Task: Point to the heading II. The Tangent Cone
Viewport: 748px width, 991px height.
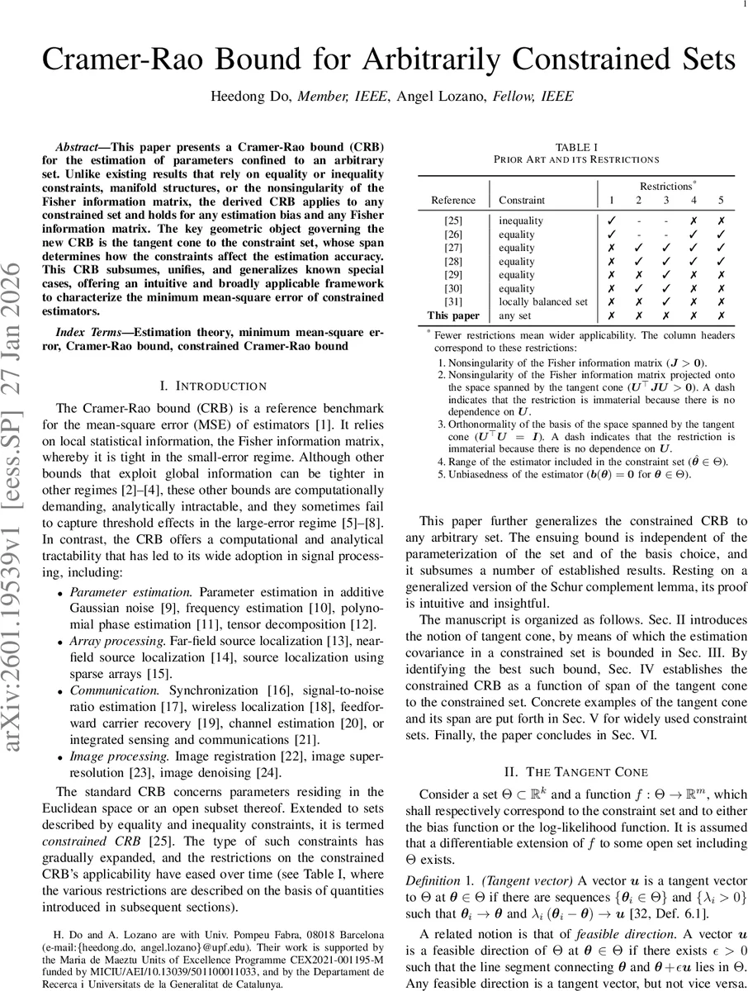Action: pyautogui.click(x=576, y=772)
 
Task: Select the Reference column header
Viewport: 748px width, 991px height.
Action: pyautogui.click(x=453, y=200)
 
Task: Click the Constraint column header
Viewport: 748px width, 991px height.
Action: pyautogui.click(x=522, y=200)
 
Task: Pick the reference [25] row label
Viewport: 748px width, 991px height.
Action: pyautogui.click(x=453, y=221)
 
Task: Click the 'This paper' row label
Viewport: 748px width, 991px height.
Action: pyautogui.click(x=453, y=315)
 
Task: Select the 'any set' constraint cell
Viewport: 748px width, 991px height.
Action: pyautogui.click(x=515, y=315)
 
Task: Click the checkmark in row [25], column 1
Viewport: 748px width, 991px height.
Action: pyautogui.click(x=612, y=221)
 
